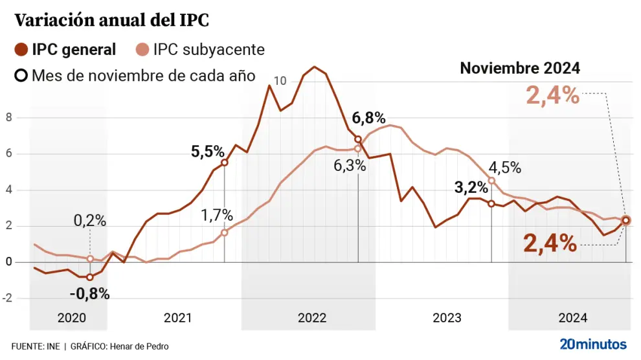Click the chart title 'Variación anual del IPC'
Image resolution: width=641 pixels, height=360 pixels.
pyautogui.click(x=111, y=20)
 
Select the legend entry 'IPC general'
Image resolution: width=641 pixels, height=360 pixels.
pyautogui.click(x=73, y=49)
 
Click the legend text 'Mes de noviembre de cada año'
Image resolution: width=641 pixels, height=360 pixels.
pyautogui.click(x=142, y=75)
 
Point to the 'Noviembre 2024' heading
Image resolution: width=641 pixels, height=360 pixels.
pyautogui.click(x=520, y=68)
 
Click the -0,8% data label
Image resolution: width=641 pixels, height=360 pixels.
pyautogui.click(x=89, y=293)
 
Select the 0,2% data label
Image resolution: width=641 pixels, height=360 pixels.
pyautogui.click(x=89, y=220)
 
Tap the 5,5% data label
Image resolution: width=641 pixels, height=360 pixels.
pyautogui.click(x=207, y=152)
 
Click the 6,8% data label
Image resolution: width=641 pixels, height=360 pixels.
pyautogui.click(x=368, y=118)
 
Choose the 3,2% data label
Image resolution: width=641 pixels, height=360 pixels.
pyautogui.click(x=471, y=188)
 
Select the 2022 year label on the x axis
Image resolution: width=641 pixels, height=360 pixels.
pyautogui.click(x=311, y=318)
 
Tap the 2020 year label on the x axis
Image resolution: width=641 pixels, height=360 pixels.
pyautogui.click(x=71, y=318)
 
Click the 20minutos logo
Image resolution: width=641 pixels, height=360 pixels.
pyautogui.click(x=593, y=343)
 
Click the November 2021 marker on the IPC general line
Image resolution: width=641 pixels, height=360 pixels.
pyautogui.click(x=225, y=163)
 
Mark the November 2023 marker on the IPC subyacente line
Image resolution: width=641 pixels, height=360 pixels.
pyautogui.click(x=491, y=181)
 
